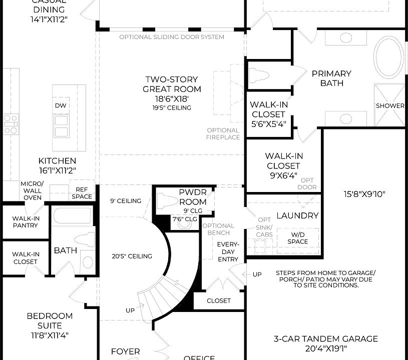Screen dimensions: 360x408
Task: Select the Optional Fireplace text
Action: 223,134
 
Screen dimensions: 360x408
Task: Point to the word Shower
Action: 390,106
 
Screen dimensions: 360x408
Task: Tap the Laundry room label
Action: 297,215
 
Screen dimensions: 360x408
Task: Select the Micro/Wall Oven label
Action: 32,190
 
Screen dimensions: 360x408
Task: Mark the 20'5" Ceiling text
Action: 132,256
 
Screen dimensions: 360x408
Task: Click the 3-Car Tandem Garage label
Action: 325,339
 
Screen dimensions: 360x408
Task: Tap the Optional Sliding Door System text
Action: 172,37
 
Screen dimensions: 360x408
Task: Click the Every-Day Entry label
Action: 228,251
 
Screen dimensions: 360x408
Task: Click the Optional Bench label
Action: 218,229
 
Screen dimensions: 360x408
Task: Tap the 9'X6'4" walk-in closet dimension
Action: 283,175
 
